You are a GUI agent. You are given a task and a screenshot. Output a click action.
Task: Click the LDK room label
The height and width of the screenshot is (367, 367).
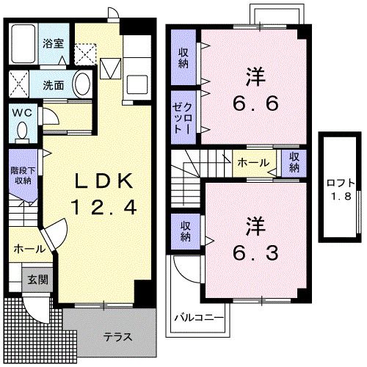click(x=103, y=181)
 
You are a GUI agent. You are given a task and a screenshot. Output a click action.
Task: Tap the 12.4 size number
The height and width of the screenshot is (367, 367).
click(x=103, y=207)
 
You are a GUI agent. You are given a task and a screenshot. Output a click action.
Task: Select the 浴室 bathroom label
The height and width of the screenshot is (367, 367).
click(x=52, y=43)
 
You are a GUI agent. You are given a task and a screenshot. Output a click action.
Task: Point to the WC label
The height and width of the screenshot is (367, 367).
click(x=21, y=113)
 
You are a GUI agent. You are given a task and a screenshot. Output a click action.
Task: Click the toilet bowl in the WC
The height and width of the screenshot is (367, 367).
click(x=22, y=131)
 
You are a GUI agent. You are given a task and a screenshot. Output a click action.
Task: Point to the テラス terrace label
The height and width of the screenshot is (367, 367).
click(x=117, y=338)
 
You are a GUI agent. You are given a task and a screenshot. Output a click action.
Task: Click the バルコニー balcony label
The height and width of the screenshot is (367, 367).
click(x=195, y=318)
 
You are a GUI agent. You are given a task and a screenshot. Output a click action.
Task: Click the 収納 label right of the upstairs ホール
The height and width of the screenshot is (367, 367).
click(x=294, y=161)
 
